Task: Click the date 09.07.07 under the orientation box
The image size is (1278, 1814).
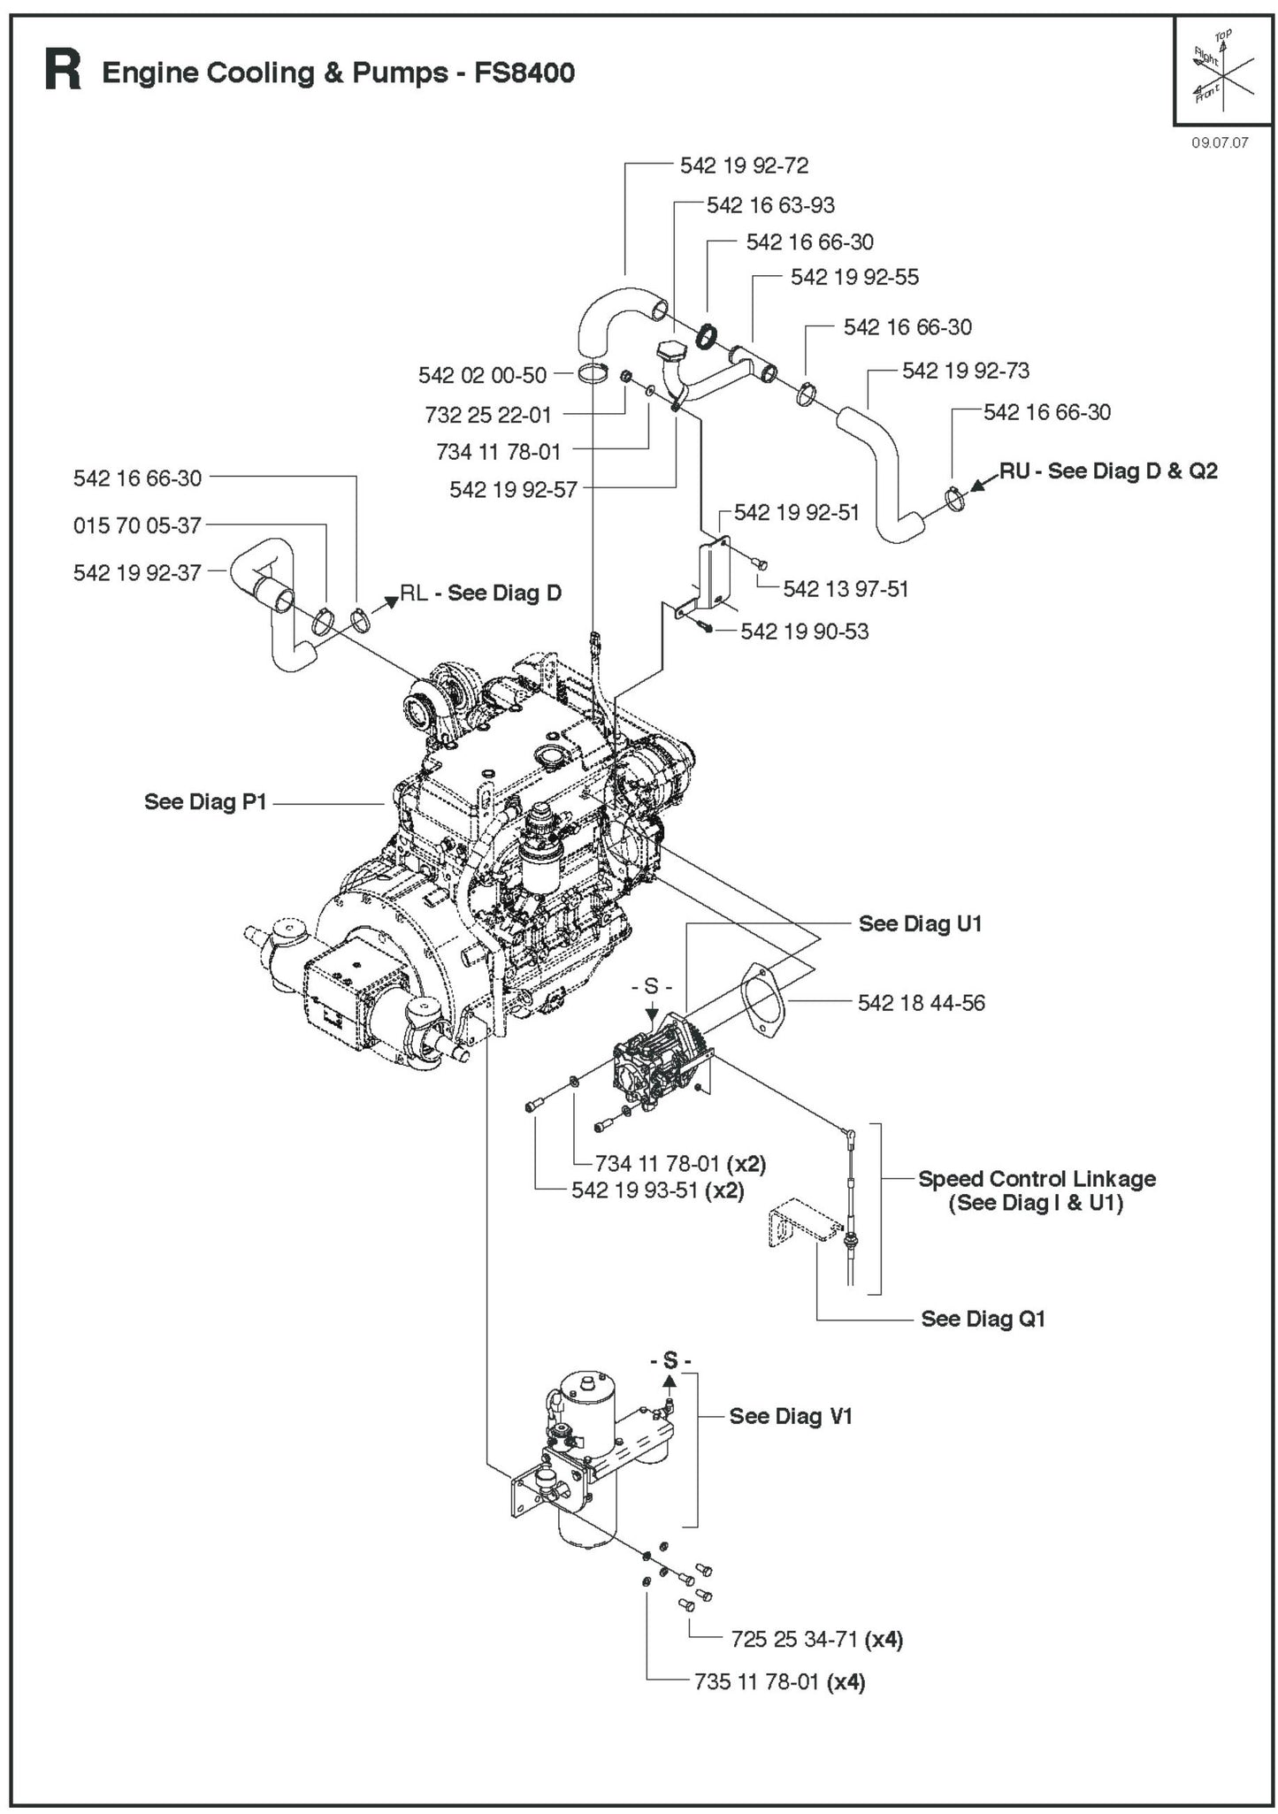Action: click(x=1219, y=142)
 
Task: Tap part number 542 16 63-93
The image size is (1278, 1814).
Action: click(x=769, y=205)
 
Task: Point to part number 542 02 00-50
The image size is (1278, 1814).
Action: click(x=482, y=375)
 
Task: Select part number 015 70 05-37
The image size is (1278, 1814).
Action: click(x=137, y=525)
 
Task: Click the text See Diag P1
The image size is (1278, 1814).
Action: click(x=205, y=802)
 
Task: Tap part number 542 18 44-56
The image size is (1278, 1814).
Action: click(x=921, y=1003)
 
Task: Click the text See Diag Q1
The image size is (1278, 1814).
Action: click(x=983, y=1319)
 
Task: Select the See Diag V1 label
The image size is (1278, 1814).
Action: click(x=790, y=1416)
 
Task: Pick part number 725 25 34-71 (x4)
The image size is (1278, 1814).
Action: click(x=816, y=1639)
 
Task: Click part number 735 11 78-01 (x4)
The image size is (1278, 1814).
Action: click(x=778, y=1681)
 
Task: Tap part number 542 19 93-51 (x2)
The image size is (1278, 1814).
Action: click(x=657, y=1190)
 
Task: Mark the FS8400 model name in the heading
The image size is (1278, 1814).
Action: click(x=524, y=73)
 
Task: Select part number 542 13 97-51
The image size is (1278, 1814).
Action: click(x=846, y=589)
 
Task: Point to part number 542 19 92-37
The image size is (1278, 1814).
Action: click(x=137, y=573)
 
